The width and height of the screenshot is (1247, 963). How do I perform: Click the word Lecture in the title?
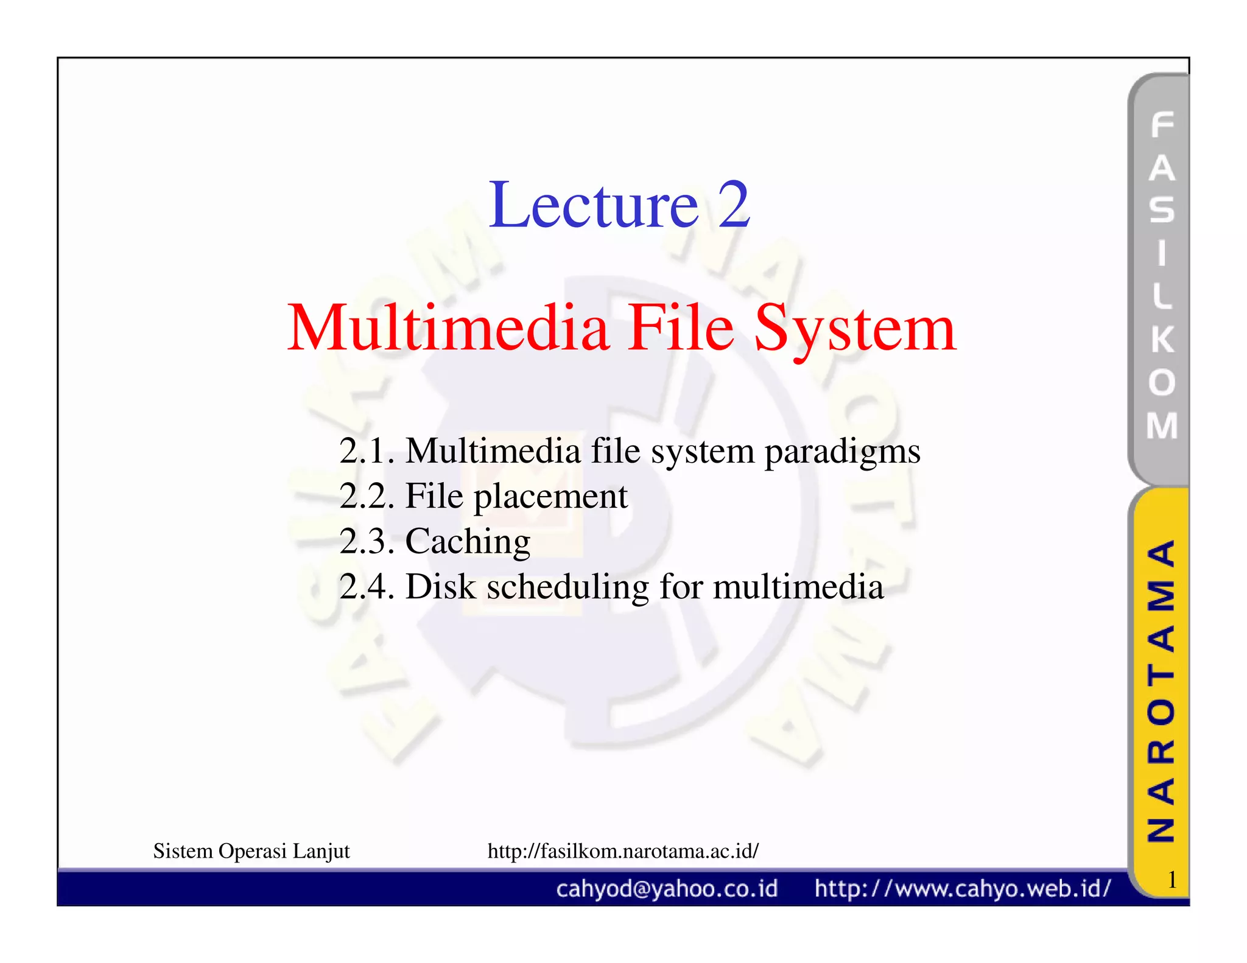(593, 206)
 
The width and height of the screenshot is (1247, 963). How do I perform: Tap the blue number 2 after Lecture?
(734, 206)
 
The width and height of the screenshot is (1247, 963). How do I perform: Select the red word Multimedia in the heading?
(448, 329)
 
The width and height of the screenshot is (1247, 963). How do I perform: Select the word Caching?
(468, 542)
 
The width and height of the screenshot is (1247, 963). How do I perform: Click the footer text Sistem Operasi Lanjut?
(251, 851)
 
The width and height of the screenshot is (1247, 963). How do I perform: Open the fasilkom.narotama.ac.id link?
(623, 851)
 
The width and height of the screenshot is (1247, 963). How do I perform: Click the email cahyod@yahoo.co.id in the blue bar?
(667, 889)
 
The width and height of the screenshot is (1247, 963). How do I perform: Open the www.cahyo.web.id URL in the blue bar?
(962, 889)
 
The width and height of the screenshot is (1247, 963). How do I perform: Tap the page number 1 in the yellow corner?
(1171, 880)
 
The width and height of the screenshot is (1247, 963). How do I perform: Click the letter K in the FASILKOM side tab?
(1162, 339)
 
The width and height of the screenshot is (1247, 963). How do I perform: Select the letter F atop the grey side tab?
(1162, 125)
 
